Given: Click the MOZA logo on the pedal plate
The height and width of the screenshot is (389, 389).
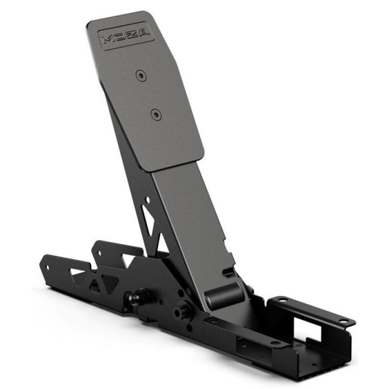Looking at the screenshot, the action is (x=126, y=37).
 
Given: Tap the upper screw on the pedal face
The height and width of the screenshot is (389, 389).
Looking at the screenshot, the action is (x=141, y=76).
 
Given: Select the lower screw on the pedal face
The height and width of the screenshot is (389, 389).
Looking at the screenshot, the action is (x=156, y=115).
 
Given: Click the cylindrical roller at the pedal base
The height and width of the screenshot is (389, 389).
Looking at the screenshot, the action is (x=223, y=294).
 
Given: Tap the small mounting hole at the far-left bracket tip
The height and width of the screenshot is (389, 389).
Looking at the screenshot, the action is (x=48, y=267).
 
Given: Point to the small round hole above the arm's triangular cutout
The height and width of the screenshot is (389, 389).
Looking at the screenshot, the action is (x=147, y=199).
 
